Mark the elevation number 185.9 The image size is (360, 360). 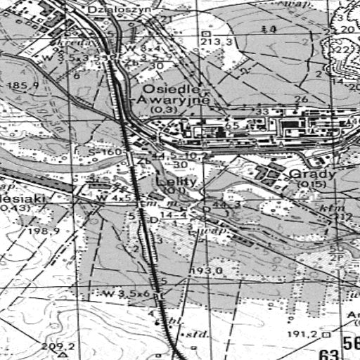pyautogui.click(x=22, y=85)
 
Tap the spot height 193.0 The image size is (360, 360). pyautogui.click(x=207, y=270)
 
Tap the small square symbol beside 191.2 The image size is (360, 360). pyautogui.click(x=327, y=335)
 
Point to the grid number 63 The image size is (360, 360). pyautogui.click(x=327, y=353)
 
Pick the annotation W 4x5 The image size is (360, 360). pyautogui.click(x=115, y=198)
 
